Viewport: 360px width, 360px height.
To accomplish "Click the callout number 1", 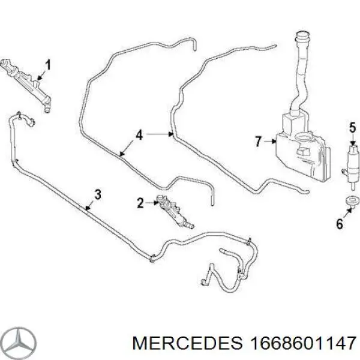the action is coord(47,65).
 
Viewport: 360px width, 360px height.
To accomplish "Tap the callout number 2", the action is coord(140,203).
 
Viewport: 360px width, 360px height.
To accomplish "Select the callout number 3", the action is coord(98,194).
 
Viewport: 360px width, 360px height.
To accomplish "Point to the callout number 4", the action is coord(139,135).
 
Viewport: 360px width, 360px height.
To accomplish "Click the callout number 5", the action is coord(353,128).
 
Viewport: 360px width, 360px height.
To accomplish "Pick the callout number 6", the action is coord(340,223).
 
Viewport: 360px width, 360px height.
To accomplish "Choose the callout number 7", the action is coord(258,141).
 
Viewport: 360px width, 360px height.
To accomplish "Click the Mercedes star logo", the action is coord(20,343).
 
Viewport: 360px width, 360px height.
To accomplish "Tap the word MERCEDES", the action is coord(187,343).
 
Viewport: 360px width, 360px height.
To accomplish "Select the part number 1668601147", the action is coord(302,343).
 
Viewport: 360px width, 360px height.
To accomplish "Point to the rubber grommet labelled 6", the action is coord(352,200).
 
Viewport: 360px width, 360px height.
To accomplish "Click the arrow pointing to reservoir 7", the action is coord(270,142).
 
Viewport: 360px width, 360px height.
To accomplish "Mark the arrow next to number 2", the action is coord(152,203).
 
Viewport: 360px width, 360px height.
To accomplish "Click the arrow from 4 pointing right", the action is coord(160,134).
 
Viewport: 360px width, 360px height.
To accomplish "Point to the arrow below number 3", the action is coord(89,205).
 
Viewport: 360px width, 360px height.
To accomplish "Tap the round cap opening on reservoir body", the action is coord(304,136).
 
